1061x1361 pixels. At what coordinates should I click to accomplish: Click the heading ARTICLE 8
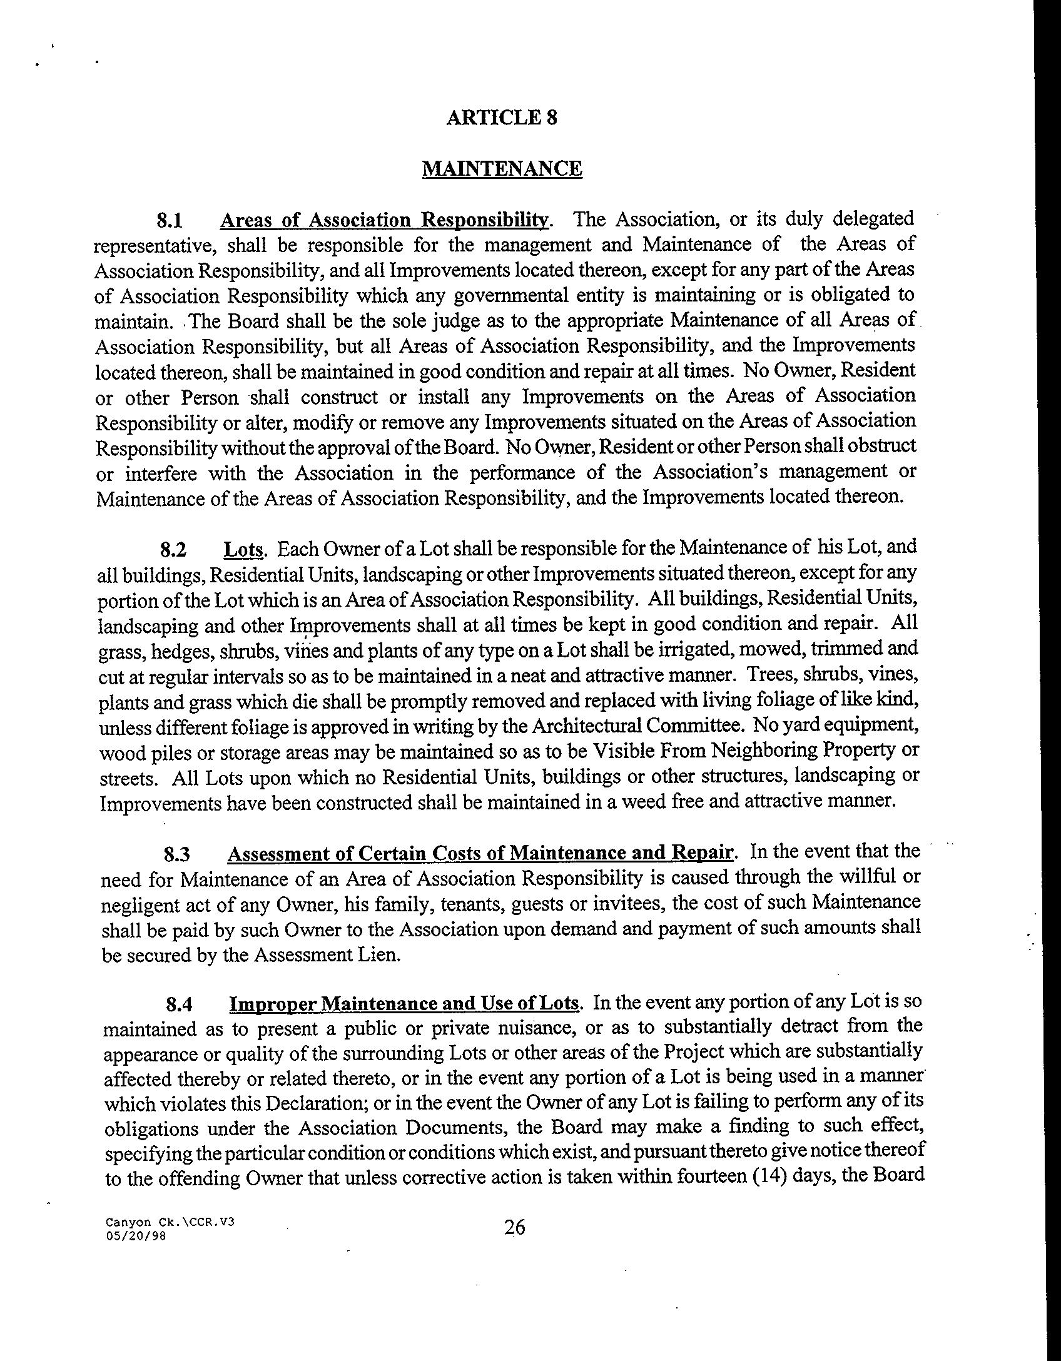pyautogui.click(x=502, y=118)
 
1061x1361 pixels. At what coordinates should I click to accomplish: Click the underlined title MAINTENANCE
pyautogui.click(x=502, y=168)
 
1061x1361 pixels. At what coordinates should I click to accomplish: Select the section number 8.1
pyautogui.click(x=169, y=221)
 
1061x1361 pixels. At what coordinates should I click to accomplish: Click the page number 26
pyautogui.click(x=515, y=1228)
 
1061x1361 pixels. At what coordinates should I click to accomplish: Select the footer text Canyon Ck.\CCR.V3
pyautogui.click(x=170, y=1222)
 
